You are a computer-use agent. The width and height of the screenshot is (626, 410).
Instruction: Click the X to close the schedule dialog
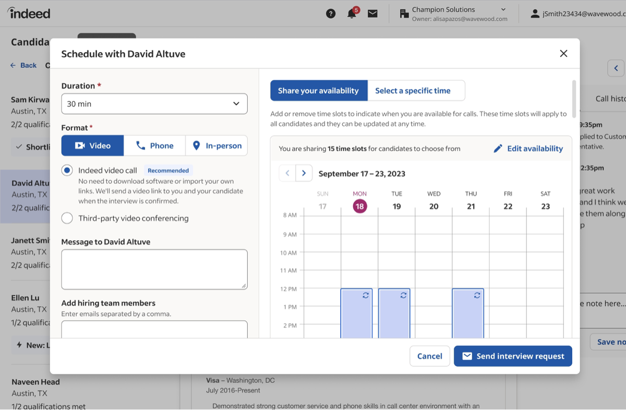click(563, 54)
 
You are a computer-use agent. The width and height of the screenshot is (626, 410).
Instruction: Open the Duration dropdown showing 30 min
click(154, 104)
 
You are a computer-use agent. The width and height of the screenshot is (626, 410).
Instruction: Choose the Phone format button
click(154, 146)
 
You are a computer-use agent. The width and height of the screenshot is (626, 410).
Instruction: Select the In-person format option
click(216, 146)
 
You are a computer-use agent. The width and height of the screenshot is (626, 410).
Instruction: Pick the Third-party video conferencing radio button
click(67, 218)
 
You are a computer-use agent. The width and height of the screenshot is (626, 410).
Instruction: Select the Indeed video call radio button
click(67, 170)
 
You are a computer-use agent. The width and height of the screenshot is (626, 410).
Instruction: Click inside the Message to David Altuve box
click(154, 269)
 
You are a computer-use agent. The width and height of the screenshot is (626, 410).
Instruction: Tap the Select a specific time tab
click(416, 91)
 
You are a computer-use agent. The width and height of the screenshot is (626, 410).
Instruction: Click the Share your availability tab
click(318, 91)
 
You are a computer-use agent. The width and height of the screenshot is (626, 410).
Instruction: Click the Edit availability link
click(528, 148)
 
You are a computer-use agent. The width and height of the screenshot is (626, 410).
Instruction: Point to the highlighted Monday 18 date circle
click(359, 206)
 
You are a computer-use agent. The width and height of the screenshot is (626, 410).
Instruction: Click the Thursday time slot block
click(467, 315)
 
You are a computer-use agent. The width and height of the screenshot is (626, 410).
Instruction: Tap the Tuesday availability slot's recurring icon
click(403, 295)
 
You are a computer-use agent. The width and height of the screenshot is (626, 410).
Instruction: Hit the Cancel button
click(429, 356)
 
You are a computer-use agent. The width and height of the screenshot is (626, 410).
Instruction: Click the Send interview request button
click(513, 356)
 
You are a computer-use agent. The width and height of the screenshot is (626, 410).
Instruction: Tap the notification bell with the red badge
click(352, 14)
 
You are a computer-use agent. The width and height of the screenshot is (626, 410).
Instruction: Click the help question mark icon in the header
click(331, 14)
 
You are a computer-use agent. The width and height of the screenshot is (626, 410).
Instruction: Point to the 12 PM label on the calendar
click(288, 289)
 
